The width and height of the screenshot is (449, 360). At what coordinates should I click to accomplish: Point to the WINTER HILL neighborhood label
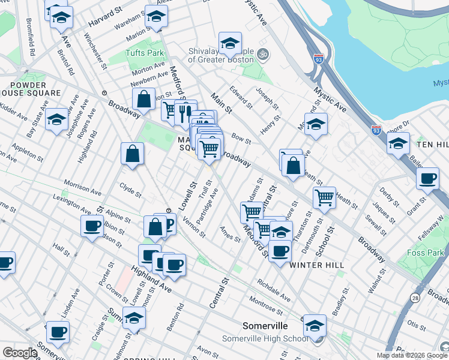317,265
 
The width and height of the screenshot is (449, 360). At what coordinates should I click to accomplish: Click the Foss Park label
426,253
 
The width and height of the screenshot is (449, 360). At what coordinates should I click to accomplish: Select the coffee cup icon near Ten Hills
427,178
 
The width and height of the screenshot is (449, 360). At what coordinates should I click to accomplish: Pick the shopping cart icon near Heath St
324,196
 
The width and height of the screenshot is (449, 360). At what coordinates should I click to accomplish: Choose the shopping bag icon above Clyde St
132,154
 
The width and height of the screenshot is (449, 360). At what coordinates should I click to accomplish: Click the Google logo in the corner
19,353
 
